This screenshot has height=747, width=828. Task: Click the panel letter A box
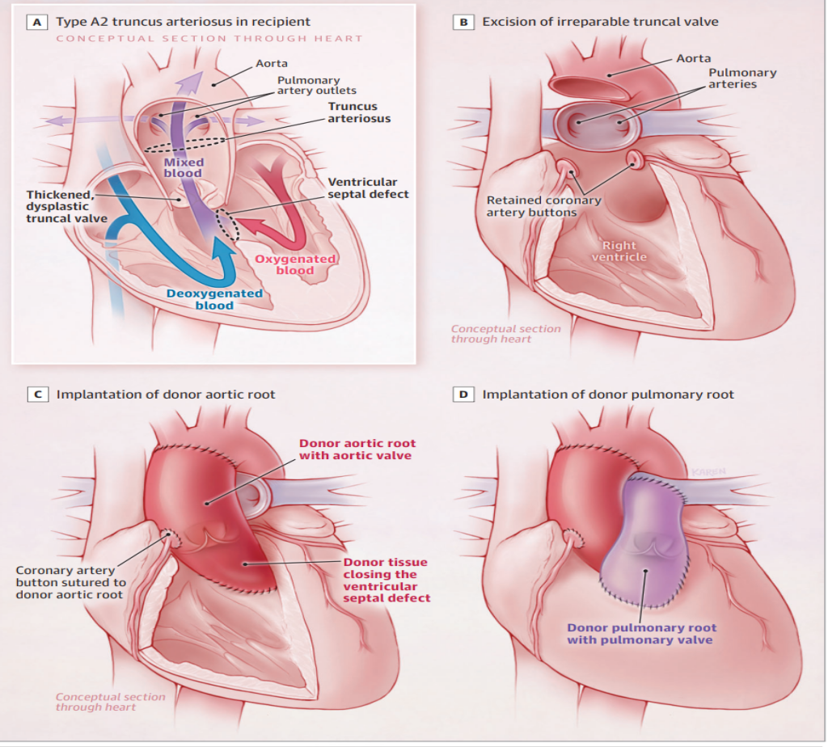coord(37,22)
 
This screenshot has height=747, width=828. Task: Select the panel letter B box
coord(463,22)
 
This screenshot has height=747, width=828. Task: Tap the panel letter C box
coord(37,395)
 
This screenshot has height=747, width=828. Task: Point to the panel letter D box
coord(463,395)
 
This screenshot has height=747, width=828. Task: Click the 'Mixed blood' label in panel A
coord(184,168)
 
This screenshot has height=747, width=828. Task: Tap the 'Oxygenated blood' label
coord(295,264)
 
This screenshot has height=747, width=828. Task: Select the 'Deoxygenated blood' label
coord(214,299)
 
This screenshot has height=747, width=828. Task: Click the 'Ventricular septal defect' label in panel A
coord(368,188)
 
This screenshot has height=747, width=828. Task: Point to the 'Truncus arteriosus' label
coord(359,112)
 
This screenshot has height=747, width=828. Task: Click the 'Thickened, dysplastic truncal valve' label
coord(66,206)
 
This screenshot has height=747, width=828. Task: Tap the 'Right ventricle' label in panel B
coord(619,251)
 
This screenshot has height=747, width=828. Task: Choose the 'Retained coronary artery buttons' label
coord(544,206)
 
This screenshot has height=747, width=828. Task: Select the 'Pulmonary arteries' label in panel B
coord(742,78)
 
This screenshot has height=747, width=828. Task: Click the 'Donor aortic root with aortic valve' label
coord(357,449)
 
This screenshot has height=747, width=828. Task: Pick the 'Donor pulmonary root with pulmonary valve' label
coord(641,634)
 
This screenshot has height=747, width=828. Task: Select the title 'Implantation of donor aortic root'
coord(166,395)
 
